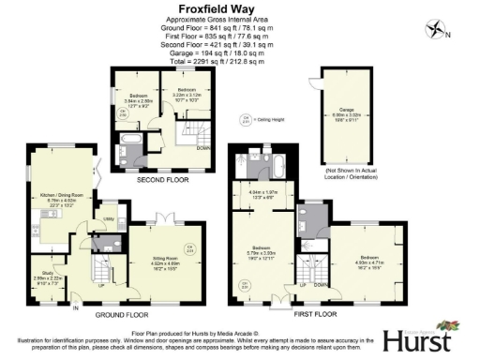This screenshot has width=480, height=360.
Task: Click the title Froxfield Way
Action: pyautogui.click(x=239, y=8)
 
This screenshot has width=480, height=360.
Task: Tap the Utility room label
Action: pyautogui.click(x=109, y=216)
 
